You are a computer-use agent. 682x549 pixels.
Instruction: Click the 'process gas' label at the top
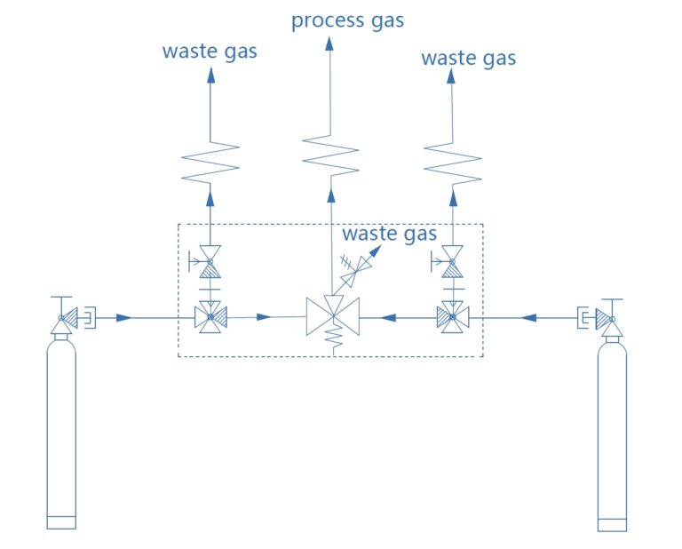click(x=347, y=21)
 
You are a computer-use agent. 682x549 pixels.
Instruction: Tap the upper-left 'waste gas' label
click(x=210, y=52)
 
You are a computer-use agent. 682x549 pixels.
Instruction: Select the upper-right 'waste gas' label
click(x=469, y=59)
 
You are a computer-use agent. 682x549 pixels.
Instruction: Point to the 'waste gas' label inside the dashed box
click(x=389, y=234)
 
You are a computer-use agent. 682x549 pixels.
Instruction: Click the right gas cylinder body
click(x=612, y=435)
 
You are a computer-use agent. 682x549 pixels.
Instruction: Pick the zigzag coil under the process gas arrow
click(x=330, y=155)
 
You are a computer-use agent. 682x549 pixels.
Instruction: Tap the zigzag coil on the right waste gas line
click(x=452, y=163)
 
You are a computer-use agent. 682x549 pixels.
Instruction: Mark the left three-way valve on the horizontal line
click(x=210, y=317)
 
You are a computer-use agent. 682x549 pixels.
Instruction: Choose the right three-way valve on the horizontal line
click(x=453, y=317)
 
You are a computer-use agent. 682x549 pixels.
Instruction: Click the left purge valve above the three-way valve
click(x=210, y=262)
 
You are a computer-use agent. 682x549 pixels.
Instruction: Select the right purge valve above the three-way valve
click(x=451, y=262)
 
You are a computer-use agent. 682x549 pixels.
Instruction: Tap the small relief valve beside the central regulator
click(x=356, y=270)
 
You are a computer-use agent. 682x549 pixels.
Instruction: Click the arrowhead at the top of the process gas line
click(x=329, y=44)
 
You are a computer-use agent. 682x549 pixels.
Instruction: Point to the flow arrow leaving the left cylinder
click(x=124, y=318)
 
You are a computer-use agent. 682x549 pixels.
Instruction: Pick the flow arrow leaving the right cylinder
click(x=528, y=318)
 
